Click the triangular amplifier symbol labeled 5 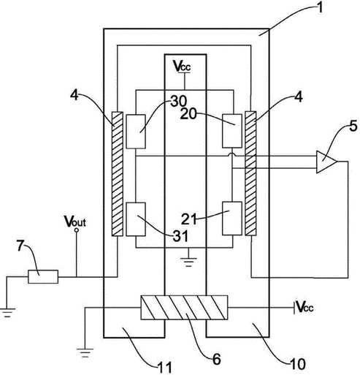[326, 162]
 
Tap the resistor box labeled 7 [43, 276]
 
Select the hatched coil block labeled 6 [184, 307]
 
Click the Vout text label [75, 221]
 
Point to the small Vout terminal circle [77, 230]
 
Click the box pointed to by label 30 [136, 132]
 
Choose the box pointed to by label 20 [232, 131]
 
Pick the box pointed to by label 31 [136, 219]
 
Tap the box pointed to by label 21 [232, 219]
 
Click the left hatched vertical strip [118, 174]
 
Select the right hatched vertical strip [250, 173]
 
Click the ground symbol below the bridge [188, 260]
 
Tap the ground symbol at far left [7, 313]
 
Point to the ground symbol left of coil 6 [85, 353]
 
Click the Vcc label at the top [182, 66]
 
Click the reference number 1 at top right [320, 7]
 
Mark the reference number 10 [297, 365]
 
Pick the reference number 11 [164, 368]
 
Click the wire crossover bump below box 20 [232, 154]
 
